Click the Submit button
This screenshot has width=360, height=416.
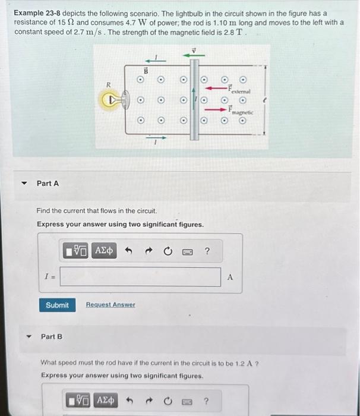pyautogui.click(x=57, y=305)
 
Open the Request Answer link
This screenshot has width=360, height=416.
pyautogui.click(x=110, y=305)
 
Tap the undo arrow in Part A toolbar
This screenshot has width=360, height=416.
pyautogui.click(x=127, y=251)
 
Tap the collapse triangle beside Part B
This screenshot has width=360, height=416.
pyautogui.click(x=26, y=337)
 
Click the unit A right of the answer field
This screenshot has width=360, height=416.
pyautogui.click(x=230, y=277)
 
